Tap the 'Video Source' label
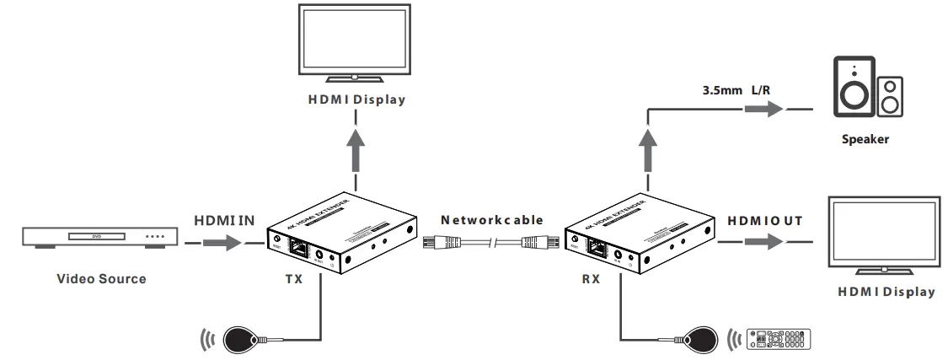[x=101, y=278]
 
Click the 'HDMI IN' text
[x=223, y=220]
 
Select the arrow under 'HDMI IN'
[x=222, y=244]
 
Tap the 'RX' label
[x=590, y=278]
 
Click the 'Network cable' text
[x=492, y=220]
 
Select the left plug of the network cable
[x=441, y=244]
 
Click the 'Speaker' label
[x=865, y=139]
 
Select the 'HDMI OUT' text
[x=764, y=220]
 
